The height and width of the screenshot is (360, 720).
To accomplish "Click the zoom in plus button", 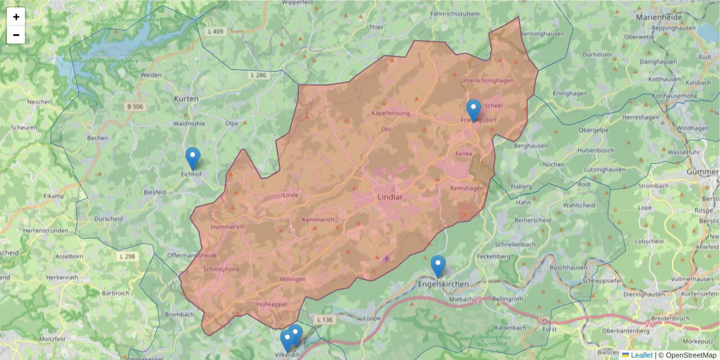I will pyautogui.click(x=16, y=17).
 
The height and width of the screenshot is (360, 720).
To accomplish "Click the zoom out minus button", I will pyautogui.click(x=16, y=35).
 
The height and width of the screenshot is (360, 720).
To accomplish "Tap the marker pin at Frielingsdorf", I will pyautogui.click(x=473, y=110).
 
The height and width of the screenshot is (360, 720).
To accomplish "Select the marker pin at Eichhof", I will pyautogui.click(x=193, y=158).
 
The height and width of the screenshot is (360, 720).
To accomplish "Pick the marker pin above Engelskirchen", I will pyautogui.click(x=438, y=266).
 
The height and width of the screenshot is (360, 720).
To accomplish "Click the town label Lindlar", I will pyautogui.click(x=391, y=197).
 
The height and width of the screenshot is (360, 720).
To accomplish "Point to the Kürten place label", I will pyautogui.click(x=185, y=98).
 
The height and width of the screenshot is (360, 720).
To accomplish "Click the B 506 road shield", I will pyautogui.click(x=136, y=107).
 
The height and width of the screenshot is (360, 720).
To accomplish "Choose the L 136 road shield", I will pyautogui.click(x=324, y=320).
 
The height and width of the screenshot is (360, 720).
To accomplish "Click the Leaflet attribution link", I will pyautogui.click(x=641, y=355).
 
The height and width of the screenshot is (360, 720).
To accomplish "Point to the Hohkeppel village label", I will pyautogui.click(x=272, y=305).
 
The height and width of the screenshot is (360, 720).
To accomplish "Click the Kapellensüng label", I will pyautogui.click(x=391, y=113).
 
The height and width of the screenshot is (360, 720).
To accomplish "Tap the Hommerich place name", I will pyautogui.click(x=227, y=227).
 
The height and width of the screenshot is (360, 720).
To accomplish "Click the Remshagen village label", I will pyautogui.click(x=467, y=188).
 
